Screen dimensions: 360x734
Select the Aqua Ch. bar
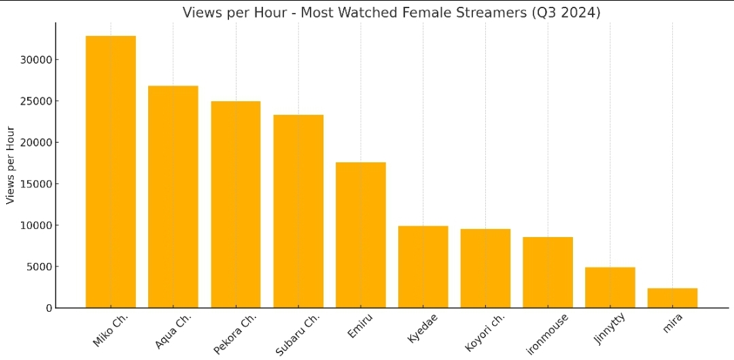coord(173,197)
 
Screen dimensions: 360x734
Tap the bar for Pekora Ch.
coord(236,204)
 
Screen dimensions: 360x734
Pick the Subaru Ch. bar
coord(298,211)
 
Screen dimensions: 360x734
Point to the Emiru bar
coord(361,235)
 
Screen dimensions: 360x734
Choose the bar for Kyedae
coord(423,267)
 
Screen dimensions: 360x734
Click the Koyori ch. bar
coord(485,268)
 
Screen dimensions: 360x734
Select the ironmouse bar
coord(548,272)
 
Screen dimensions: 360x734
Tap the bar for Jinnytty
coord(610,287)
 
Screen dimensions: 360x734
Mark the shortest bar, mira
coord(673,298)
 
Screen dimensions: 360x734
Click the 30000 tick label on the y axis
coord(36,60)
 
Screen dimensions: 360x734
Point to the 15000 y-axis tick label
coord(36,184)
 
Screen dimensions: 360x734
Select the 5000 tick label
coord(39,267)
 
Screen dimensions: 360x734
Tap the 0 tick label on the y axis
coord(48,308)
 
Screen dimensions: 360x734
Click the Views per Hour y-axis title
coord(10,165)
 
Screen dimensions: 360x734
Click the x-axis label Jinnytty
coord(606,330)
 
